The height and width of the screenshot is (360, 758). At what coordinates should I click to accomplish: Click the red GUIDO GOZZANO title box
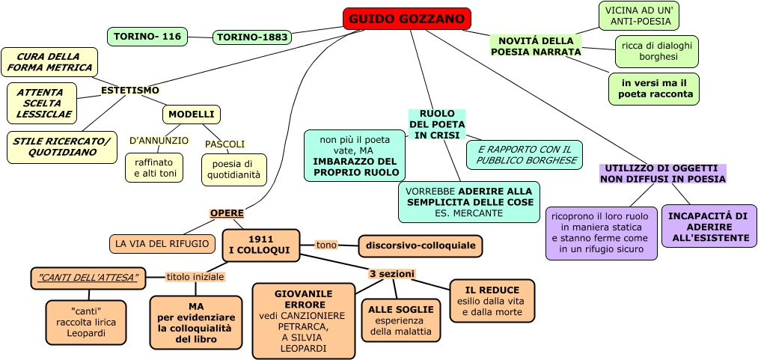pyautogui.click(x=406, y=19)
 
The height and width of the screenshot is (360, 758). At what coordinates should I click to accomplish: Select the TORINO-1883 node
pyautogui.click(x=252, y=37)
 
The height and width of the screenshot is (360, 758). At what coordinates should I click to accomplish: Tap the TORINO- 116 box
pyautogui.click(x=147, y=36)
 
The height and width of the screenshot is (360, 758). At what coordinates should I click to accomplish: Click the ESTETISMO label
pyautogui.click(x=130, y=91)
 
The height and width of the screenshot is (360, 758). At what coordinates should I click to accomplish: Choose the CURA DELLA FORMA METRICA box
pyautogui.click(x=49, y=62)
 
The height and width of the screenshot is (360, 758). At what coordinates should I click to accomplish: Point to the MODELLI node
pyautogui.click(x=191, y=115)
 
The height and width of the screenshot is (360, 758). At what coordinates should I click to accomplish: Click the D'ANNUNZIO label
pyautogui.click(x=159, y=140)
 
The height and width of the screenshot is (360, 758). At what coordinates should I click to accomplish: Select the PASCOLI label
pyautogui.click(x=224, y=144)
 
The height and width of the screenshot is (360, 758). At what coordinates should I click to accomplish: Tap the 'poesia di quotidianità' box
pyautogui.click(x=233, y=169)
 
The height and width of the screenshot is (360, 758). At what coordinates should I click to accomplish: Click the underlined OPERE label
pyautogui.click(x=227, y=213)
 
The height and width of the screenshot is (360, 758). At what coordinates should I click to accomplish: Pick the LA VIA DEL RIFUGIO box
pyautogui.click(x=162, y=243)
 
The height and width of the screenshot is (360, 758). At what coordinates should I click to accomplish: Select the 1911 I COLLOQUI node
pyautogui.click(x=260, y=245)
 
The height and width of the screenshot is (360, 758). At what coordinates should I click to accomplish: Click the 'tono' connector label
pyautogui.click(x=326, y=245)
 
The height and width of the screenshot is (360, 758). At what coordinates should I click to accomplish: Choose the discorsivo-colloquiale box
pyautogui.click(x=421, y=245)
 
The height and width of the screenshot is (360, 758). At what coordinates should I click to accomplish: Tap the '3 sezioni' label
pyautogui.click(x=391, y=274)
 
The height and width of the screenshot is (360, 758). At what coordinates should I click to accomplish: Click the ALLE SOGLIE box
pyautogui.click(x=400, y=320)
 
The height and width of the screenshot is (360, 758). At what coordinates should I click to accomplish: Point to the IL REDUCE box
pyautogui.click(x=492, y=300)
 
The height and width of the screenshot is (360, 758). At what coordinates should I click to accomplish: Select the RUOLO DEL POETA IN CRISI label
pyautogui.click(x=437, y=124)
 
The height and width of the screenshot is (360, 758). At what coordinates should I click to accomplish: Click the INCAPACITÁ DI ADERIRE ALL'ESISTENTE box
pyautogui.click(x=708, y=227)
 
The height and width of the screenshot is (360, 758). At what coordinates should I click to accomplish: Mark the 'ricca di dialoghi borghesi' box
pyautogui.click(x=657, y=51)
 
